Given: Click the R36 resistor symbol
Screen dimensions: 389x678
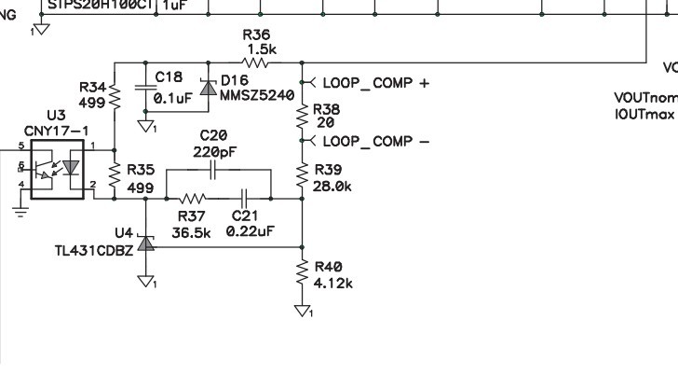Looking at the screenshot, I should tap(256, 63).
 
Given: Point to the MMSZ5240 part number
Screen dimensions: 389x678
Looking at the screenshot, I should tap(256, 95).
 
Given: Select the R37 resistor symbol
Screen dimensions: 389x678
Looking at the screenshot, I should tap(193, 198).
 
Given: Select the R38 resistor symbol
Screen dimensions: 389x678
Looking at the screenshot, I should tap(302, 115).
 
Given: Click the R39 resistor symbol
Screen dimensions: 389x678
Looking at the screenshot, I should tap(302, 175).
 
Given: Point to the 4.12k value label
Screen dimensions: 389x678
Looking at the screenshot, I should tap(334, 284).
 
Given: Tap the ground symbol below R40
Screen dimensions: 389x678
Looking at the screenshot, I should tap(302, 311).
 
